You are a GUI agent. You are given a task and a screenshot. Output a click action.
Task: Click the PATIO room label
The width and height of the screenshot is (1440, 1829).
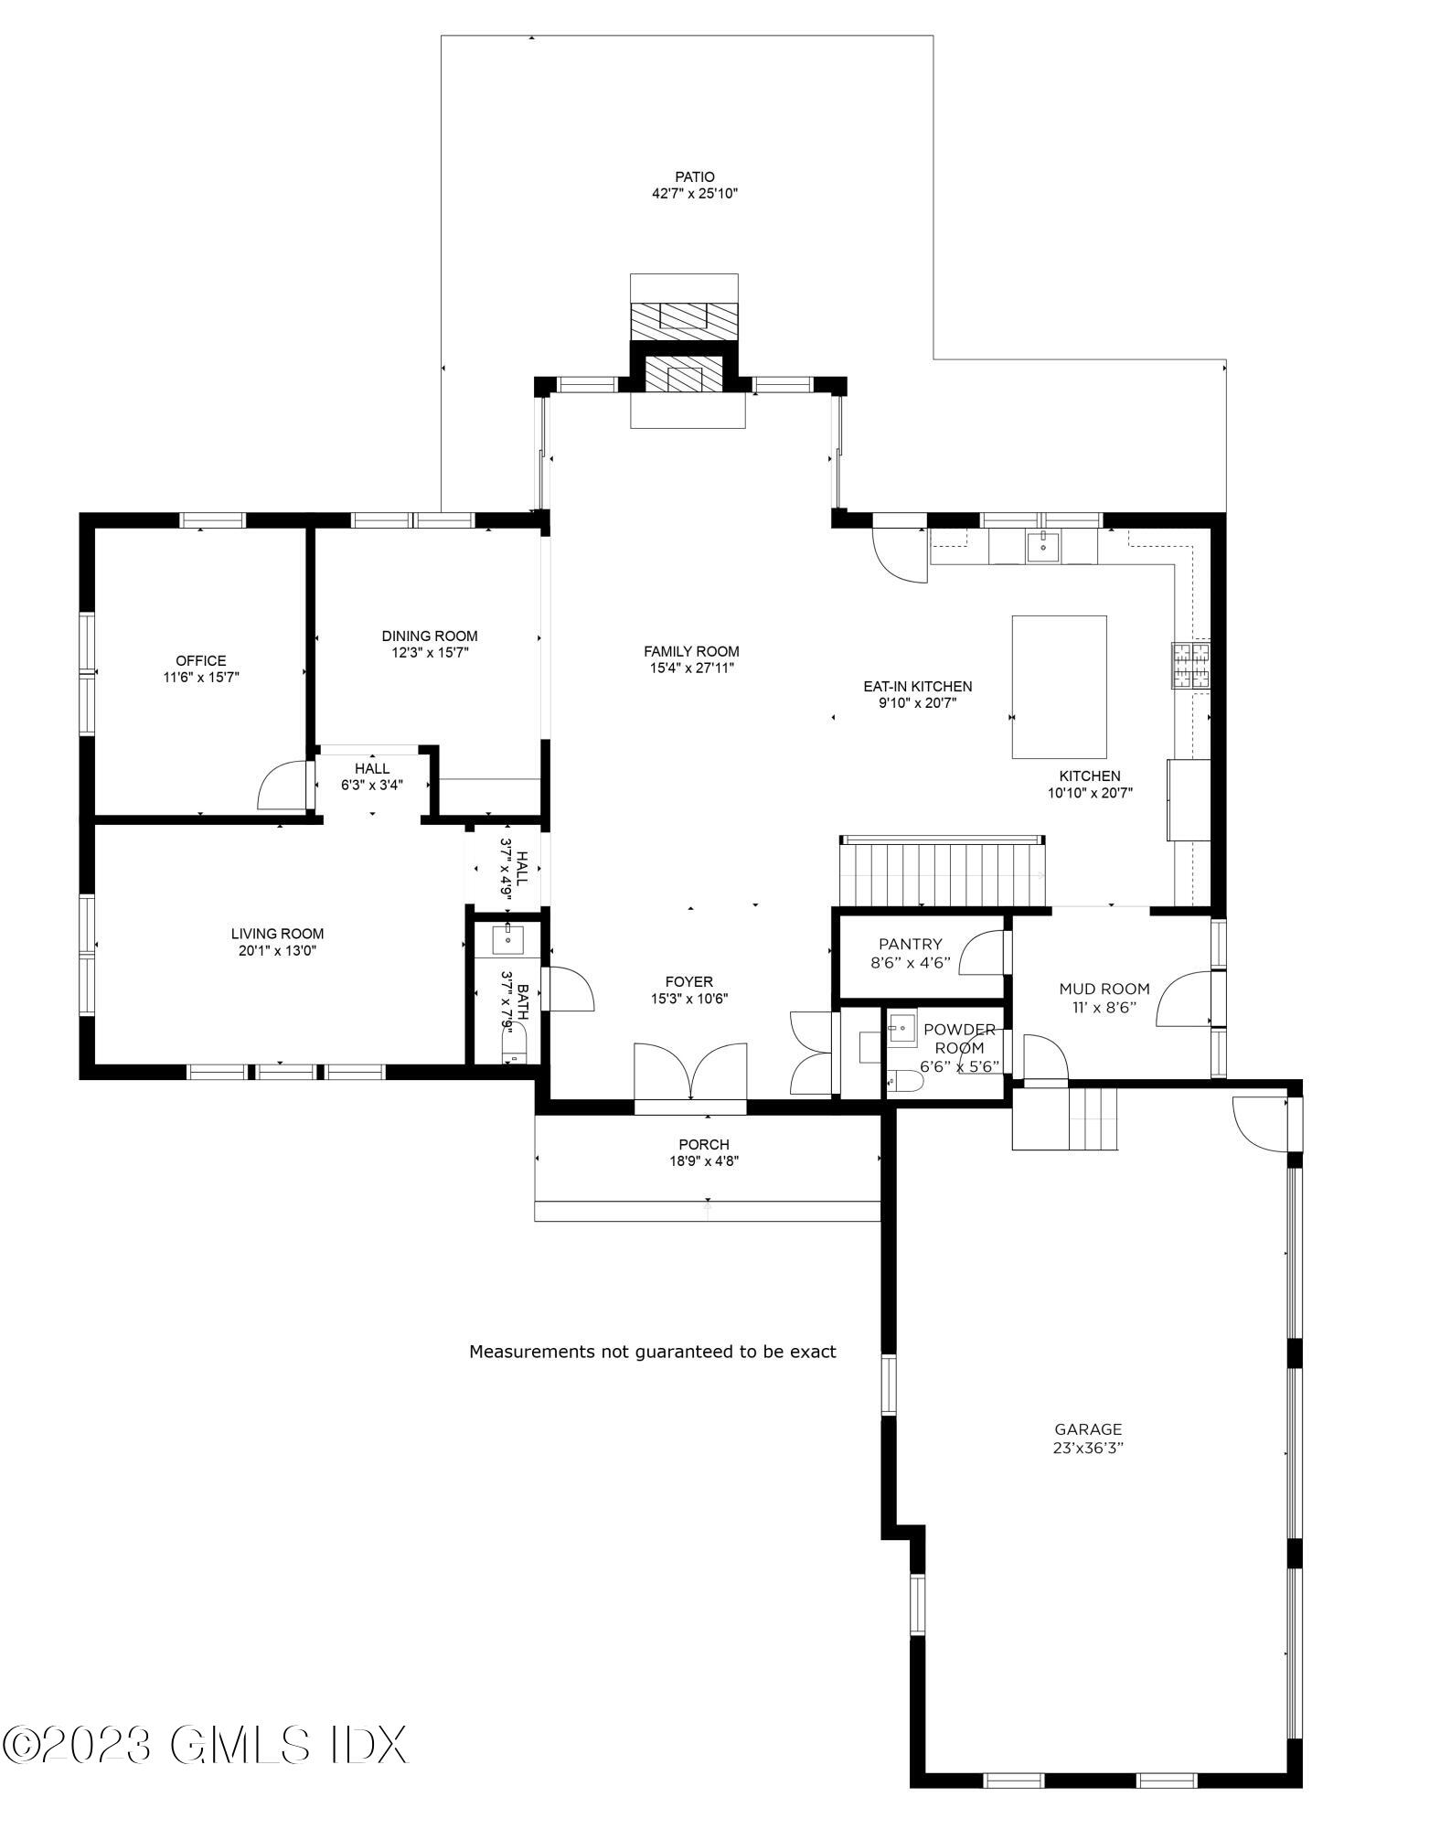(x=695, y=176)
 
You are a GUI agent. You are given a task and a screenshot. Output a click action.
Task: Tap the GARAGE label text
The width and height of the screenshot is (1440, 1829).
(x=1087, y=1429)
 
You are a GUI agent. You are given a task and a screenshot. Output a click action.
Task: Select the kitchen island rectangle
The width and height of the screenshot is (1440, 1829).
(x=1059, y=687)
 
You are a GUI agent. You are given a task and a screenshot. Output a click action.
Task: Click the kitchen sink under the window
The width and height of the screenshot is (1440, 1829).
(x=1042, y=547)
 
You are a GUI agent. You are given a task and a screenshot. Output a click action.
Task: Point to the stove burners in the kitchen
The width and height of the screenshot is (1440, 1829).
(x=1190, y=665)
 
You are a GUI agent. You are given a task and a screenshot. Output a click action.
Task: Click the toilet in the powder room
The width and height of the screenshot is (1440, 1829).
(x=905, y=1082)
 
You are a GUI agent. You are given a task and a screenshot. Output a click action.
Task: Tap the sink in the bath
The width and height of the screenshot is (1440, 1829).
(x=507, y=937)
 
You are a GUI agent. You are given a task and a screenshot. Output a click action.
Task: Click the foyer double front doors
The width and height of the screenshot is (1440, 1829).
(x=690, y=1075)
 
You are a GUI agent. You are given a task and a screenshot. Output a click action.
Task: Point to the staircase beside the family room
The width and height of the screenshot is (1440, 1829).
(x=943, y=872)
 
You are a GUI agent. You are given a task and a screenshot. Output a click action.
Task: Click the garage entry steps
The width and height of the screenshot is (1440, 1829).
(x=1065, y=1118)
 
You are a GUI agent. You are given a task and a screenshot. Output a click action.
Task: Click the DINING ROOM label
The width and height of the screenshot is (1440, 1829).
(x=430, y=636)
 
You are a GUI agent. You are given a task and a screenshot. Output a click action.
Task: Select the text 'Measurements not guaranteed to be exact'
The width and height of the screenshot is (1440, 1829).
(x=652, y=1352)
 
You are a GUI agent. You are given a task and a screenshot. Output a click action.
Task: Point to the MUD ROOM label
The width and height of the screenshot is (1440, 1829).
(x=1104, y=989)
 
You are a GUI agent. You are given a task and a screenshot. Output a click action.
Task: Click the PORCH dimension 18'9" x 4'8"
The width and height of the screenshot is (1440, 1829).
(x=704, y=1161)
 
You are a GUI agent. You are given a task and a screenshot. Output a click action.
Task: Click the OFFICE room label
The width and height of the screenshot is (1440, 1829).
(x=201, y=660)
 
